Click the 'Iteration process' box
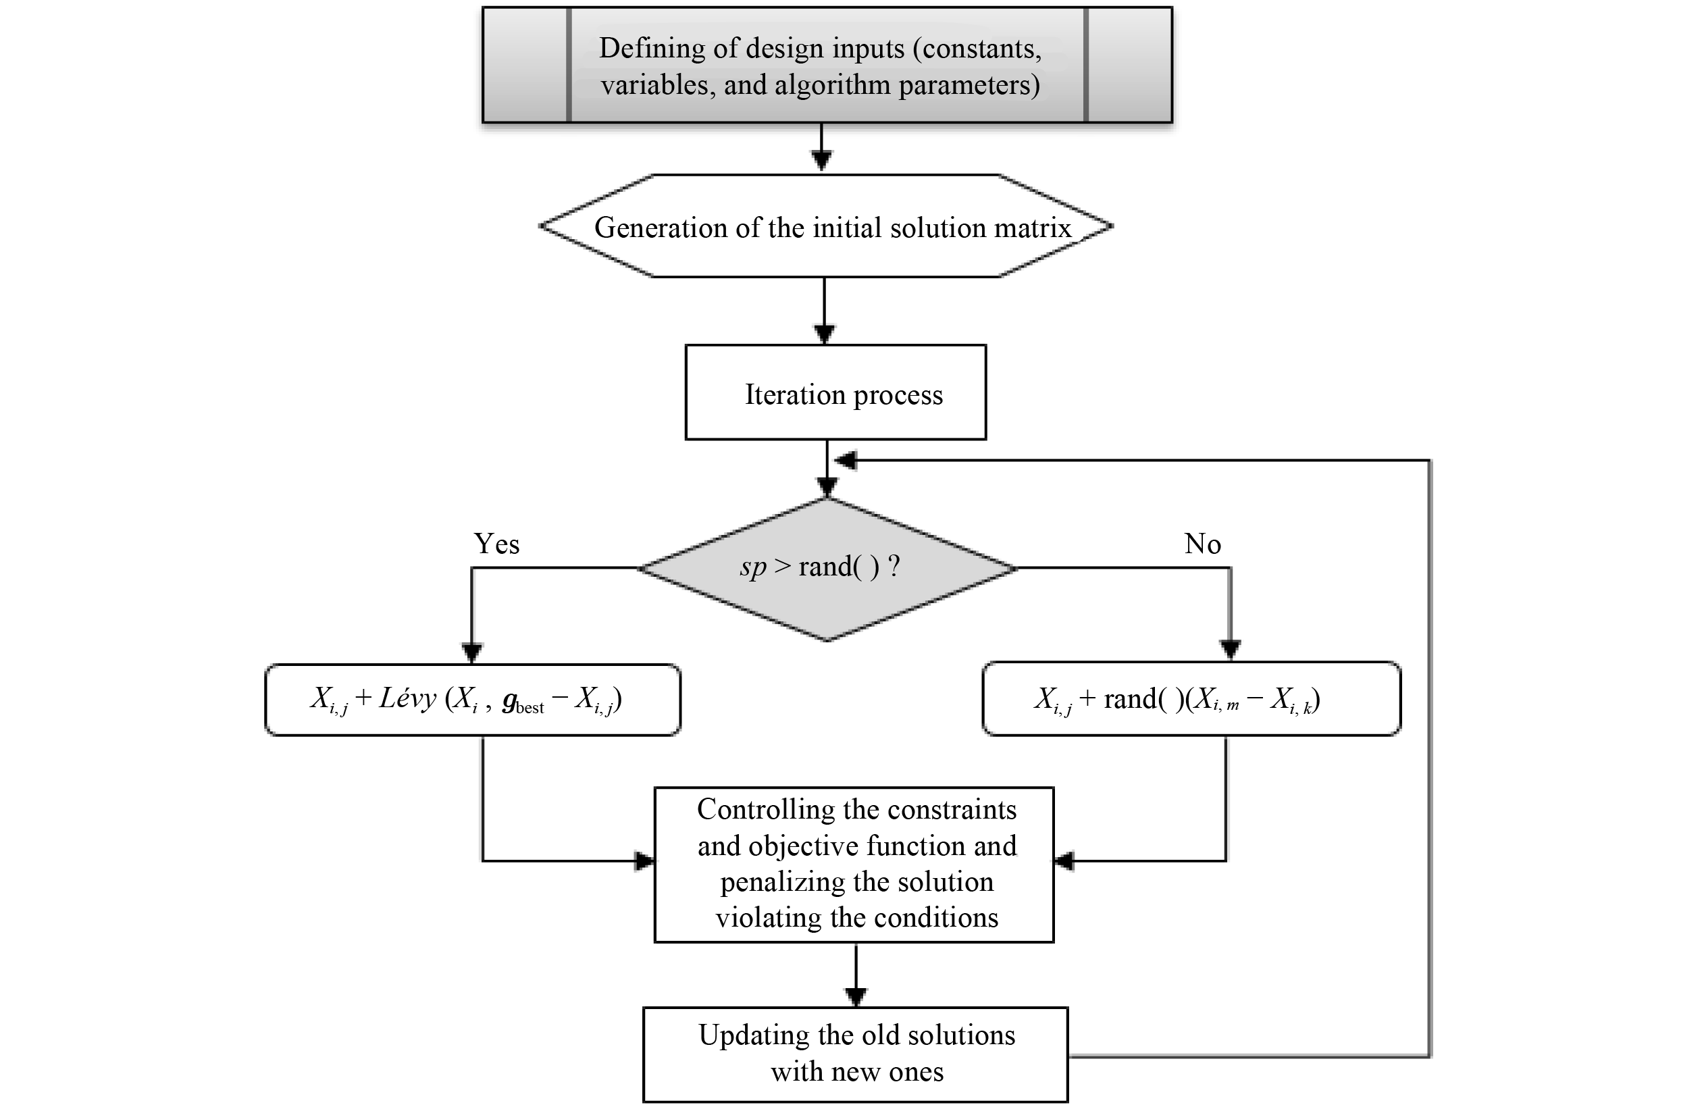coord(835,392)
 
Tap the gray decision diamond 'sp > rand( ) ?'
coord(827,569)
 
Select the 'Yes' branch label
coord(496,544)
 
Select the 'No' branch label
coord(1202,544)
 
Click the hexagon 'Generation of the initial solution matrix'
coord(826,227)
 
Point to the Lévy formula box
coord(473,699)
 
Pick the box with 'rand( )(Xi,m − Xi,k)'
coord(1191,698)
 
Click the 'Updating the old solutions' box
coord(855,1054)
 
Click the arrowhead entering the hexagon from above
coord(822,161)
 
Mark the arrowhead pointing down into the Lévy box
coord(472,652)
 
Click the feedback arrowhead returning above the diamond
coord(847,461)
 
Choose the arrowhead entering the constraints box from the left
coord(644,861)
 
